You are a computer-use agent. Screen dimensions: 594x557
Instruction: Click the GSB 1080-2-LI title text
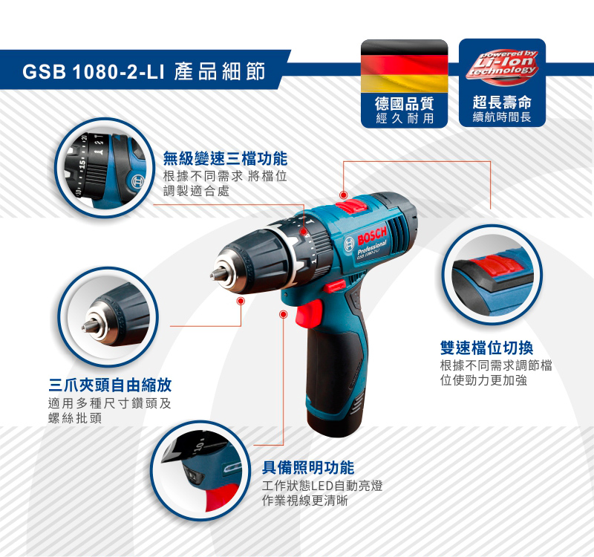pyautogui.click(x=94, y=71)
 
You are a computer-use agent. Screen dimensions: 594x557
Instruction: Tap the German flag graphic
pyautogui.click(x=404, y=66)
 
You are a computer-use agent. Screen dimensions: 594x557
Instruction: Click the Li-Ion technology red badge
pyautogui.click(x=503, y=65)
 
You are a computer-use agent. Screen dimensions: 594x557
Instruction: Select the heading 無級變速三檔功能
pyautogui.click(x=225, y=158)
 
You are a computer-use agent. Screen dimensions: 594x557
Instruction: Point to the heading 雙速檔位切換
pyautogui.click(x=486, y=348)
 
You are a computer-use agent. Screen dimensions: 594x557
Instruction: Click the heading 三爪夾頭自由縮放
pyautogui.click(x=110, y=385)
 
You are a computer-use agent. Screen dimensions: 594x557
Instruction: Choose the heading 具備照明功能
pyautogui.click(x=308, y=468)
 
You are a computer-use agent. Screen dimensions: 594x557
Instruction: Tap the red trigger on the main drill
pyautogui.click(x=310, y=313)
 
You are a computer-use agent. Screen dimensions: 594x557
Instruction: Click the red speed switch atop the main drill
pyautogui.click(x=351, y=206)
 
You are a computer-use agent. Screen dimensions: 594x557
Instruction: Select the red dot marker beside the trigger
pyautogui.click(x=283, y=314)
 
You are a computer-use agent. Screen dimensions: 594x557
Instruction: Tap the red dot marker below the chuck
pyautogui.click(x=240, y=302)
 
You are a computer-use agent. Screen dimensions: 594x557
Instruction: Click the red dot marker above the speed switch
pyautogui.click(x=344, y=195)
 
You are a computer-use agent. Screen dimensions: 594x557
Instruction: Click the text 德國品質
pyautogui.click(x=404, y=103)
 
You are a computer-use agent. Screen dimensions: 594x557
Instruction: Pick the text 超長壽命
pyautogui.click(x=502, y=102)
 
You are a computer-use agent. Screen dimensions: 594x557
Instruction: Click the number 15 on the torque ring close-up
pyautogui.click(x=82, y=164)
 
